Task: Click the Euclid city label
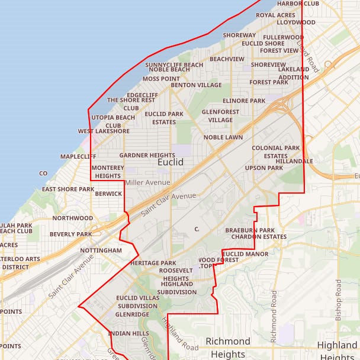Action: coord(171,162)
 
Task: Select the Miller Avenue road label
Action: coord(147,182)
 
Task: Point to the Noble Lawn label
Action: coord(223,137)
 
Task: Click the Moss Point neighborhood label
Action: coord(161,78)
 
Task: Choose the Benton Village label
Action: coord(196,85)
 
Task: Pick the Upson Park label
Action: coord(264,168)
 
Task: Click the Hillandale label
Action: coord(294,161)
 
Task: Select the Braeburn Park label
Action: coord(250,230)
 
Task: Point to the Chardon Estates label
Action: coord(258,237)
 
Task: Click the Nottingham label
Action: coord(101,250)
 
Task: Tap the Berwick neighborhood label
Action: coord(108,194)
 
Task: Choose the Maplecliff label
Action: coord(78,156)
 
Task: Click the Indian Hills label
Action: coord(128,334)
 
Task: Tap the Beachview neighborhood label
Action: coord(227,59)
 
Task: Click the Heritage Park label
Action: coord(153,263)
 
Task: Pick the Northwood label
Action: coord(73,218)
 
